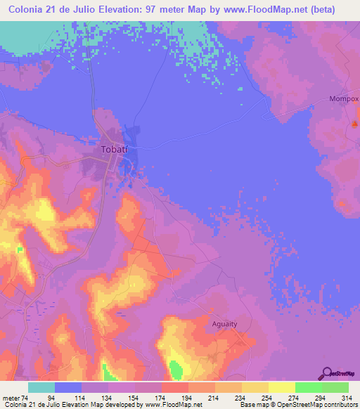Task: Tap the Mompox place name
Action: pos(344,99)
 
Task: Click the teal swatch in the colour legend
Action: pos(41,387)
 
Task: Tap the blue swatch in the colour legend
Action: pos(68,387)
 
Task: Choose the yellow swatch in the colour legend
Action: pos(255,387)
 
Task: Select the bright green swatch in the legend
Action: pos(308,387)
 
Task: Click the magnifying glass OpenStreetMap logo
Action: pos(326,373)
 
